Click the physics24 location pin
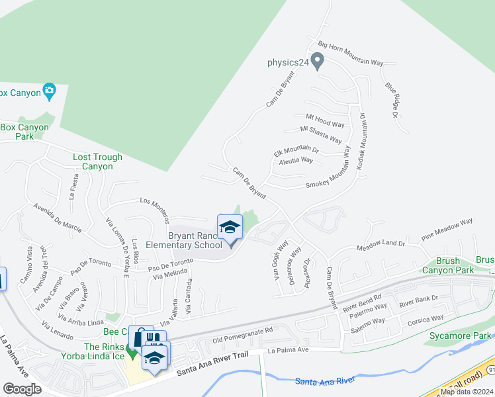pos(318,62)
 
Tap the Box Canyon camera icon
pos(49,91)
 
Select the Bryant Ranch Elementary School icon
pos(230,228)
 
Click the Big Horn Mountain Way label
pos(351,54)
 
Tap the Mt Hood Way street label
pos(324,120)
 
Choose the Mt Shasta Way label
pos(321,134)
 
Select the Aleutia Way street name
pos(296,160)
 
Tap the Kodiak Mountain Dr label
pos(361,143)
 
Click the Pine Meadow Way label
pos(447,228)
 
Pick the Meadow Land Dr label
pos(381,244)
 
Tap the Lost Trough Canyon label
pos(97,161)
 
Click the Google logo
pos(22,389)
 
